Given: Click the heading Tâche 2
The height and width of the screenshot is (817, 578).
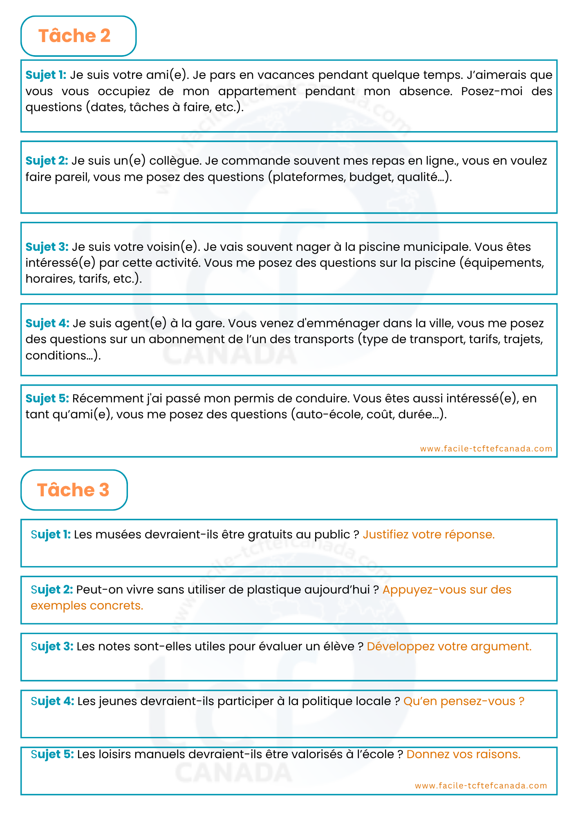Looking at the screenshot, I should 74,36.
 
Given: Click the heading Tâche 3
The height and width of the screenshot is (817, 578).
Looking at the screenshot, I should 73,490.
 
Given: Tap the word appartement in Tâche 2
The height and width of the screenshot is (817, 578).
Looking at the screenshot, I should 257,91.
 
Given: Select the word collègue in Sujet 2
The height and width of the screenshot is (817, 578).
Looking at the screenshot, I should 175,161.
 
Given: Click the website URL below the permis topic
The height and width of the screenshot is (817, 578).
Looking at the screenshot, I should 486,449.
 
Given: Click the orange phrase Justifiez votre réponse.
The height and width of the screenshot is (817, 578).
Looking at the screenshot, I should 428,534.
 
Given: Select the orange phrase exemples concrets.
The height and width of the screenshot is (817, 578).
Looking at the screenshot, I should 87,605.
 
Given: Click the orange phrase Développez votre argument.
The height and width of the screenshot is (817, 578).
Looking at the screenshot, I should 449,646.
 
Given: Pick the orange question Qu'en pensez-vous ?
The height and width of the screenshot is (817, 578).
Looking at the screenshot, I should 464,701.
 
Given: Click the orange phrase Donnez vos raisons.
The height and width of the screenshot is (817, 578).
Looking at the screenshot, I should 463,754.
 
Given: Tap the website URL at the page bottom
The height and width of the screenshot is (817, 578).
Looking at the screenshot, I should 481,786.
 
